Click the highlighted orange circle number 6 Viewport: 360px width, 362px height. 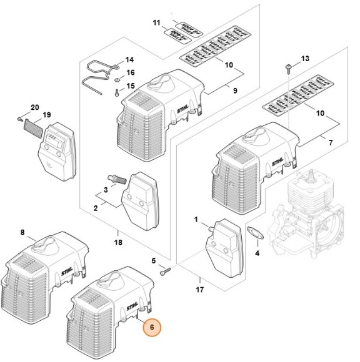[152, 326]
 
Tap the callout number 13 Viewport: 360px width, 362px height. [306, 59]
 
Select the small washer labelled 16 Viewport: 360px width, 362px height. [117, 80]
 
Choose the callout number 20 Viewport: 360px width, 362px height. [34, 108]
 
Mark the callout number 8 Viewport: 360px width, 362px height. [22, 232]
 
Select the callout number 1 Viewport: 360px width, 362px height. [196, 220]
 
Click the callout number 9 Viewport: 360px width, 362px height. [234, 90]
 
